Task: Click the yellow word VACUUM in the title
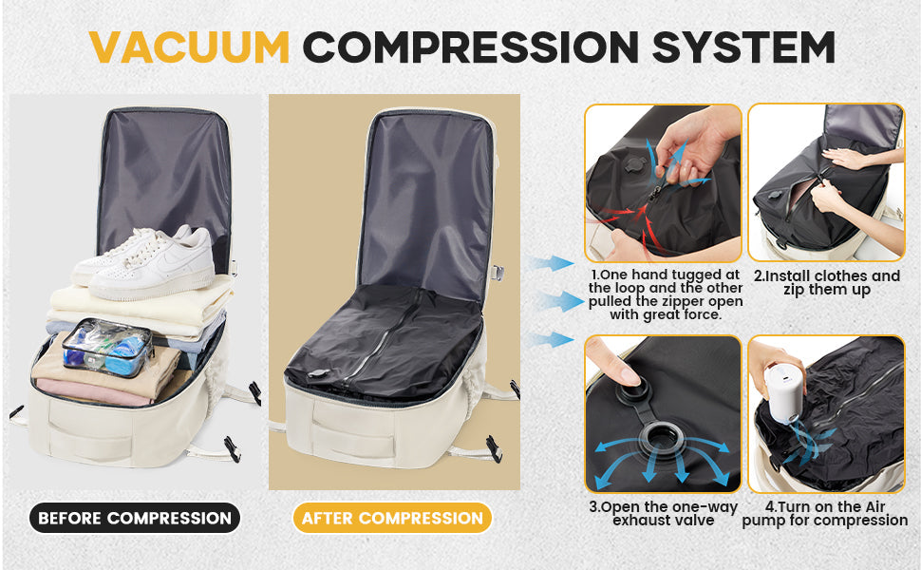[190, 47]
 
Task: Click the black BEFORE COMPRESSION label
[134, 518]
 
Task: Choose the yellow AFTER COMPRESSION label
[392, 518]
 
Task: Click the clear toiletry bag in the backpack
[106, 347]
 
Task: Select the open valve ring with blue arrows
[659, 441]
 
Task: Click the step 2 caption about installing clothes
[826, 283]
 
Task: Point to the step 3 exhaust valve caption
[662, 513]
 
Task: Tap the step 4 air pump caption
[825, 513]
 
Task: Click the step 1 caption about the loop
[665, 294]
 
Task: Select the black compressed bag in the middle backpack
[385, 342]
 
